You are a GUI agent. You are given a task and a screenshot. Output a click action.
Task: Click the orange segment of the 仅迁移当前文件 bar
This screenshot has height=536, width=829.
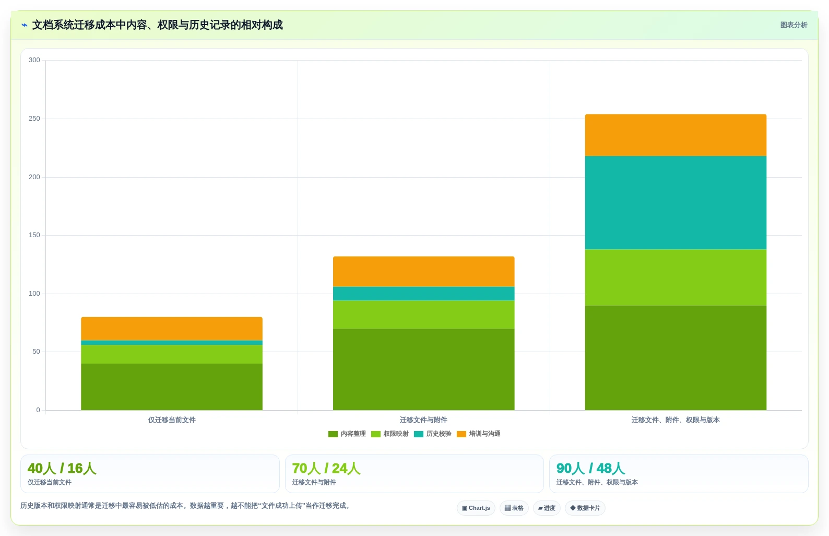172,329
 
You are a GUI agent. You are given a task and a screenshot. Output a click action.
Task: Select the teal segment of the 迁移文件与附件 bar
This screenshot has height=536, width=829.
423,294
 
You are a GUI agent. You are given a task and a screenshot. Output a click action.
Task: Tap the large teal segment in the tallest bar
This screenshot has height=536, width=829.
676,203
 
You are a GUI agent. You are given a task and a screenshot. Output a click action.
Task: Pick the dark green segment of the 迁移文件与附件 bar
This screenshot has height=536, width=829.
423,369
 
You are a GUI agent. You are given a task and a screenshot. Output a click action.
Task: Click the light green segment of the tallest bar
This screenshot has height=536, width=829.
676,277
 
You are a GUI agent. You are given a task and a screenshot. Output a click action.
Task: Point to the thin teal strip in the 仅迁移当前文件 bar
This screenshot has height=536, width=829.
172,343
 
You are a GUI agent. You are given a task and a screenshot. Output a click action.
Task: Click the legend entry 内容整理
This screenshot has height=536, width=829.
347,434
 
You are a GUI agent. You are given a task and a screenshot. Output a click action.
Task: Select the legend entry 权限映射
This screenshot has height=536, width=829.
390,434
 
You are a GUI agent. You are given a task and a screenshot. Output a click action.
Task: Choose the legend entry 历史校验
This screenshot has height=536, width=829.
433,434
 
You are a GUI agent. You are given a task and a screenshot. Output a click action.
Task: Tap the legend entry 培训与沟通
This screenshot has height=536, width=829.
479,434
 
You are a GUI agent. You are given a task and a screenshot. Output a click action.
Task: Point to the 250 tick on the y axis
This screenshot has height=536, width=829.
34,119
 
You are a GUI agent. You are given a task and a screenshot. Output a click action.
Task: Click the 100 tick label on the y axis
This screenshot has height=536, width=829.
34,294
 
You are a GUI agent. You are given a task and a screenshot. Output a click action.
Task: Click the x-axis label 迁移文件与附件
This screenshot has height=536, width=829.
423,420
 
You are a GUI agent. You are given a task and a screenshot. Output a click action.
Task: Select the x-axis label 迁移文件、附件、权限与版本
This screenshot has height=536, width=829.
676,420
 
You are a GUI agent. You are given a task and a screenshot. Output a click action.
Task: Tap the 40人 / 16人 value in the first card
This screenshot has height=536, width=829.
62,468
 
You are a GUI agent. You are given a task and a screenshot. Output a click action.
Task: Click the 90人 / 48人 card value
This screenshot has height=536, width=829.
590,468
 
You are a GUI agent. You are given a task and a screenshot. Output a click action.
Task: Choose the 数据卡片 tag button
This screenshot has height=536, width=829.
585,508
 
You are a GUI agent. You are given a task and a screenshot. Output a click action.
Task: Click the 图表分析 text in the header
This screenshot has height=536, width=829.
794,25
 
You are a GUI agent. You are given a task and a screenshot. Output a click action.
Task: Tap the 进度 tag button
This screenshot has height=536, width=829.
547,508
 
